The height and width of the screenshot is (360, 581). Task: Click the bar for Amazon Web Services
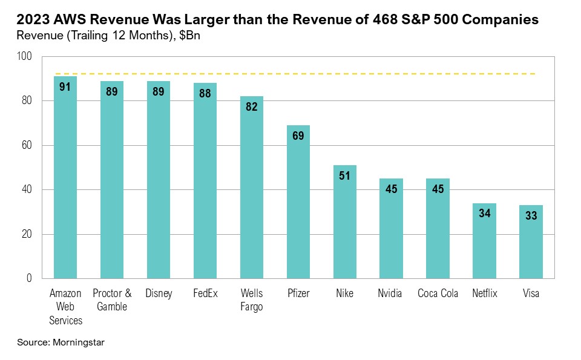65,182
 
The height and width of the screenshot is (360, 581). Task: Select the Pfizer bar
298,206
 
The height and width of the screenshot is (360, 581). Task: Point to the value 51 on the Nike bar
344,176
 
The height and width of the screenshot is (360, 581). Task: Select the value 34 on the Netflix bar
484,214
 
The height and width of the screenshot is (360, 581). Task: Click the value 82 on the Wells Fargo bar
251,107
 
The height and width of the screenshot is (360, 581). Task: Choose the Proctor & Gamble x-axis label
112,300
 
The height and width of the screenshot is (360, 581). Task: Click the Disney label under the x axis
159,294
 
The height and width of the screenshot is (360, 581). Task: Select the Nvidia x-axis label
391,294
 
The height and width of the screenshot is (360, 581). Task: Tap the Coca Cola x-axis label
438,294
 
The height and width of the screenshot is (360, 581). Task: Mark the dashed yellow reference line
303,74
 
